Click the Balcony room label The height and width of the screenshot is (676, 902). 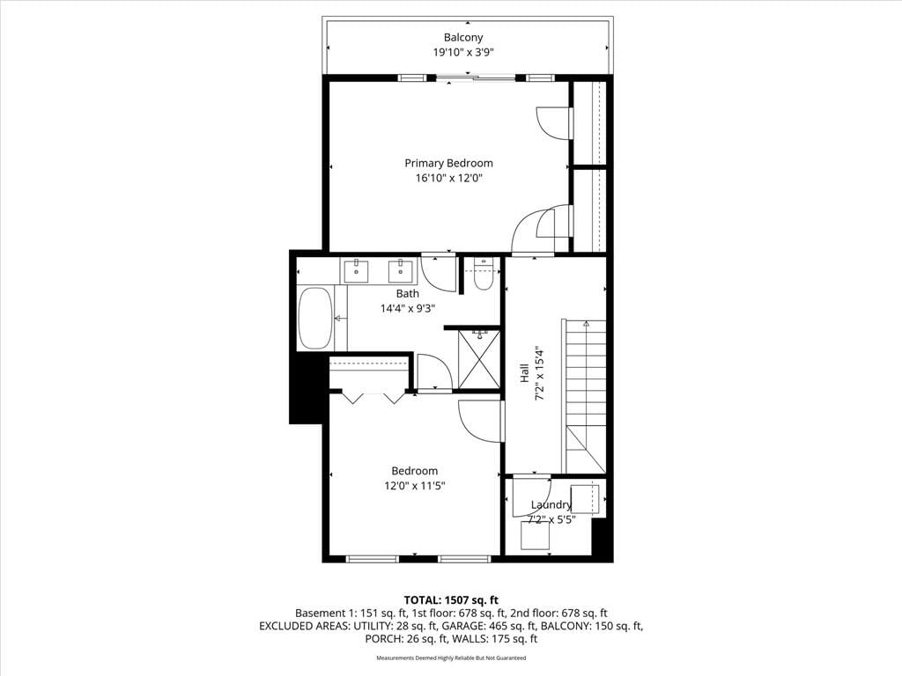click(463, 38)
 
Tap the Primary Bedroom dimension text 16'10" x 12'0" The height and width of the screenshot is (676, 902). click(448, 178)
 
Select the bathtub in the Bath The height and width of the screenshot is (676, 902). click(315, 318)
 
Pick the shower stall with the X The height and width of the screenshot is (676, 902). click(479, 359)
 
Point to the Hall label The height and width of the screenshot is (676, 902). click(525, 373)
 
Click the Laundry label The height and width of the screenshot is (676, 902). click(551, 505)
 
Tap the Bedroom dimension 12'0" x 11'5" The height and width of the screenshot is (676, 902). click(415, 486)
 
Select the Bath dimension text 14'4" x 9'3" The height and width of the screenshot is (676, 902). click(407, 309)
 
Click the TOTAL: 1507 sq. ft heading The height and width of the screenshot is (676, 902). click(451, 600)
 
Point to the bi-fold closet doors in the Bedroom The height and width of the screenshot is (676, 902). click(373, 397)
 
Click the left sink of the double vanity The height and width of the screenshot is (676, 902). click(357, 271)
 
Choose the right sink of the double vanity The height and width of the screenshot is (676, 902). click(401, 271)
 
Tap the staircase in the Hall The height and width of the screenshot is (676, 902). click(585, 397)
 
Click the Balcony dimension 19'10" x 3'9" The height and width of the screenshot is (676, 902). click(463, 53)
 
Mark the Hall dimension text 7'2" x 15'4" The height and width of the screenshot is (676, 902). click(540, 373)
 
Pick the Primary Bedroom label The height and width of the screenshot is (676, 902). click(448, 163)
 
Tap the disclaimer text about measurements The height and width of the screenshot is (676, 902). click(451, 658)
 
